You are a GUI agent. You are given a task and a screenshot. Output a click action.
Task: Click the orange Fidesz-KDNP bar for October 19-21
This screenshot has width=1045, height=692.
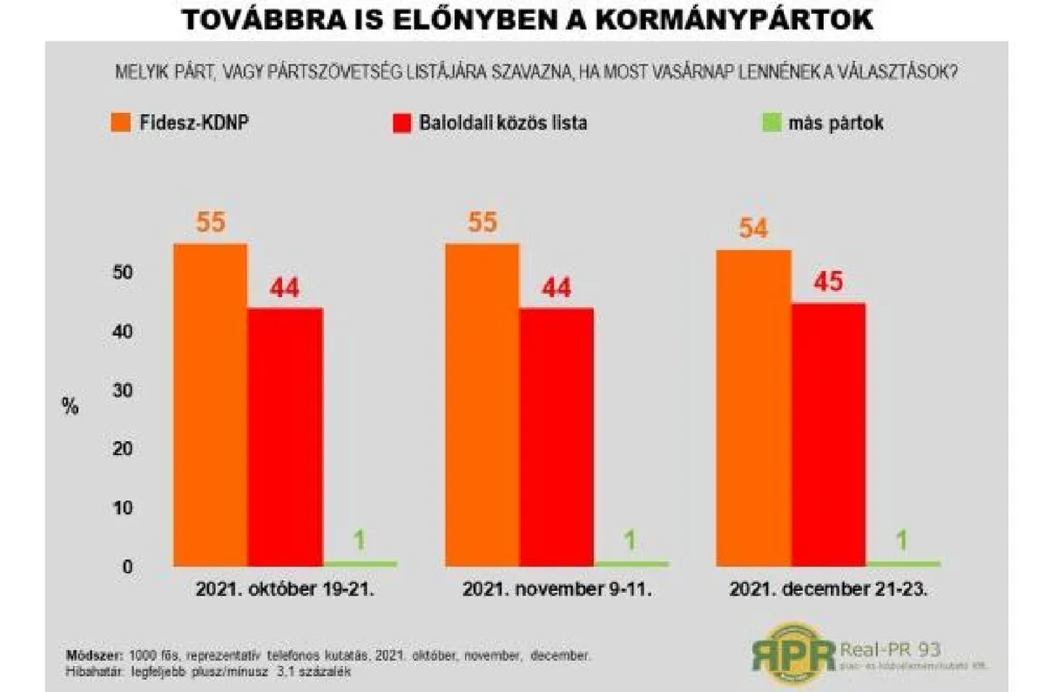pyautogui.click(x=211, y=405)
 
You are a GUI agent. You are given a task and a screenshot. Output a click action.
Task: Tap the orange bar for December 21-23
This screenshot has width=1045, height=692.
pyautogui.click(x=753, y=407)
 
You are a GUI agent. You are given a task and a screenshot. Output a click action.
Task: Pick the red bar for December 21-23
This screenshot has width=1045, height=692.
pyautogui.click(x=828, y=434)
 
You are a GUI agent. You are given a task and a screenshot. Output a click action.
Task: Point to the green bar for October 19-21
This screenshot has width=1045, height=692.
pyautogui.click(x=360, y=563)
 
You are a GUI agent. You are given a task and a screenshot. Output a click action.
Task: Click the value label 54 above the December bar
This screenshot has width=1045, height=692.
pyautogui.click(x=753, y=231)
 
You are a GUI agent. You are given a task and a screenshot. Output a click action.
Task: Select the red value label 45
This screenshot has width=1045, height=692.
pyautogui.click(x=828, y=284)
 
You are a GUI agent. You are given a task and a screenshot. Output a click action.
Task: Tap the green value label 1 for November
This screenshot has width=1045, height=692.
pyautogui.click(x=631, y=541)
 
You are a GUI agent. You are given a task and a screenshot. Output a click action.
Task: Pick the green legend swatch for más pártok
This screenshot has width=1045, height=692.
pyautogui.click(x=769, y=123)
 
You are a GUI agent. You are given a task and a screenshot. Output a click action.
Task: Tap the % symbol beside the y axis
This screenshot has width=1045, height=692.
pyautogui.click(x=71, y=406)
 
